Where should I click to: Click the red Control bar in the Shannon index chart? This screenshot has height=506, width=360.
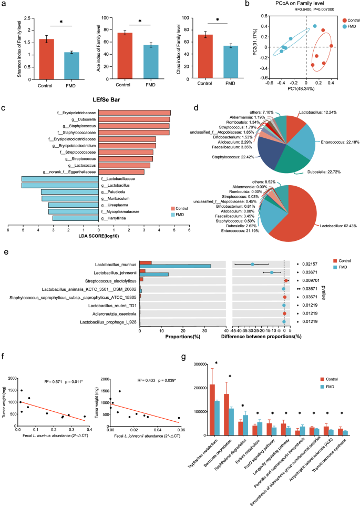[32, 58]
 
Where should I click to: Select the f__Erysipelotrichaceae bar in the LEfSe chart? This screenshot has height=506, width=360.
[134, 113]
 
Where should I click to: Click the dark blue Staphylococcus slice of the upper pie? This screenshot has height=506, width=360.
[253, 154]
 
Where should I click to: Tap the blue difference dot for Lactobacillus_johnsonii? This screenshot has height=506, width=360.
[271, 272]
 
